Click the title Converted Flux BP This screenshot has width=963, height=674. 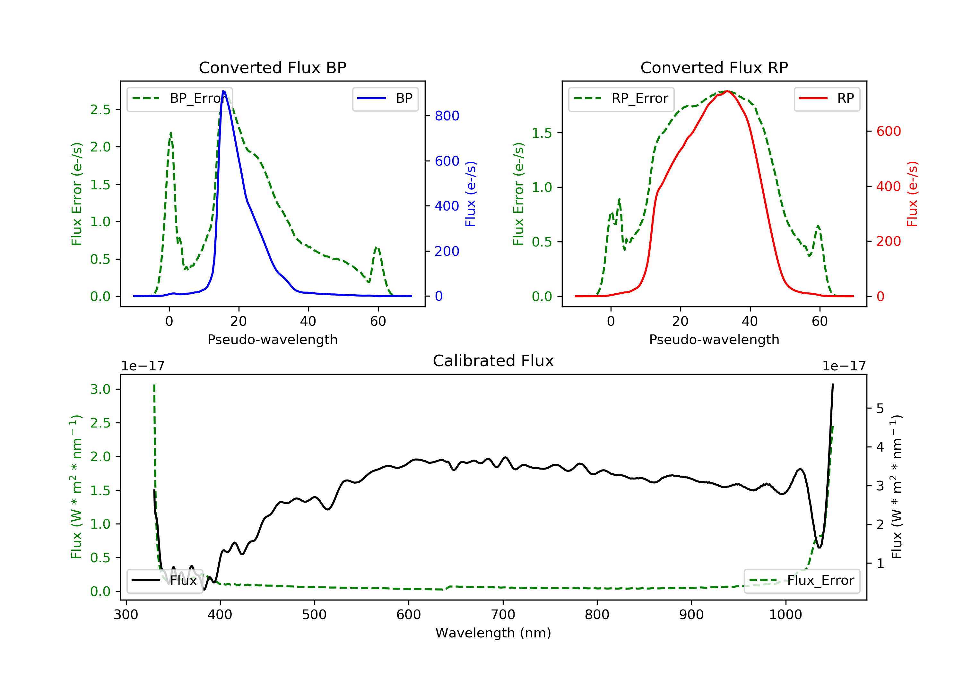point(272,67)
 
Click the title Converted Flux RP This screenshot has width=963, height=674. point(714,67)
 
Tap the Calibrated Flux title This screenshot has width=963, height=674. point(493,361)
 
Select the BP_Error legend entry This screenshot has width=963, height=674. point(179,99)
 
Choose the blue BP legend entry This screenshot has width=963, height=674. point(385,99)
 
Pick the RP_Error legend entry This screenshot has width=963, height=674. point(621,99)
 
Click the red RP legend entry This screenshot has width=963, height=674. point(827,99)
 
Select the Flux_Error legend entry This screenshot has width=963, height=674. point(802,581)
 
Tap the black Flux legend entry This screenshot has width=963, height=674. point(164,581)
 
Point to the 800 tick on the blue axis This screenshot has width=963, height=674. point(447,116)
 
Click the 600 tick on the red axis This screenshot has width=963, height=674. point(888,131)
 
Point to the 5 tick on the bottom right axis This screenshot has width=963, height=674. point(880,409)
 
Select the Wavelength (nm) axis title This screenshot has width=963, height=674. point(493,633)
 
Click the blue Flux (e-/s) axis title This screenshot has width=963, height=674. point(471,194)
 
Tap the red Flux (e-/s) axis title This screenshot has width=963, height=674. point(912,194)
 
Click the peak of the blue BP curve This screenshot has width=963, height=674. point(223,91)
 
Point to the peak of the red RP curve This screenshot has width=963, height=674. point(727,91)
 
